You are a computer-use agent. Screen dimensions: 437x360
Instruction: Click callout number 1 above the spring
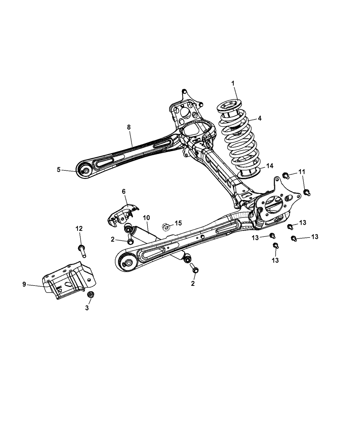(x=233, y=83)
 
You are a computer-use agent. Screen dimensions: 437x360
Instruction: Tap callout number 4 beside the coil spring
(x=260, y=118)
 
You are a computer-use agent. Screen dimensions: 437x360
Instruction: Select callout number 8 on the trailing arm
(x=129, y=127)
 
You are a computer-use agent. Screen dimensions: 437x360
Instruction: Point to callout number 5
(x=59, y=169)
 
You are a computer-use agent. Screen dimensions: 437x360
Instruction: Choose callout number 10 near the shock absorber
(x=146, y=217)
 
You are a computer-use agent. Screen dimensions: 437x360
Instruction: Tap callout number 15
(x=178, y=223)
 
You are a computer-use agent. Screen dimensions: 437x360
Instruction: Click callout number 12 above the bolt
(x=79, y=229)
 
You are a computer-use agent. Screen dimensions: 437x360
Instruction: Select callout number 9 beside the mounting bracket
(x=24, y=284)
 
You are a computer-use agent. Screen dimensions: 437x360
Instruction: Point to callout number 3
(x=87, y=308)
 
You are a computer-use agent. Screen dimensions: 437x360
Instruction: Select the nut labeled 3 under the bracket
(x=91, y=294)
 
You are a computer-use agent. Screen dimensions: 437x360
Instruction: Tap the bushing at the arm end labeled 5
(x=85, y=171)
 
